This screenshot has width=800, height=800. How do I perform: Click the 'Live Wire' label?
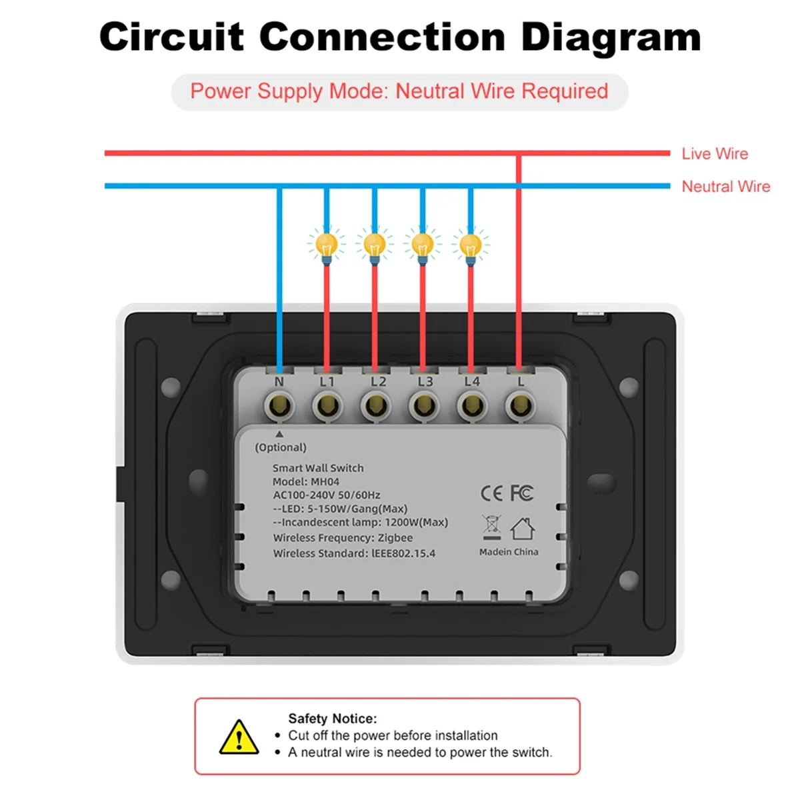point(714,154)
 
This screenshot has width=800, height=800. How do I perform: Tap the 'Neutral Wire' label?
point(725,187)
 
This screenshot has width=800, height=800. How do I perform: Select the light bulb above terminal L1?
point(326,245)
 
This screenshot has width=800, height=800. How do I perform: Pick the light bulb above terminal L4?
point(471,245)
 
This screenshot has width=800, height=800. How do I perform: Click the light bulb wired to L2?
point(375,245)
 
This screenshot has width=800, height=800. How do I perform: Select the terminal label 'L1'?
point(327,382)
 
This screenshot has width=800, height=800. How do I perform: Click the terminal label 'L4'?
point(472,382)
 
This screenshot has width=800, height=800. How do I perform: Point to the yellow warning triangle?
point(239,737)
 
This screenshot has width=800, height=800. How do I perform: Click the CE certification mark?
point(492,493)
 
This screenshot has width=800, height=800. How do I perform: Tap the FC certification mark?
point(522,493)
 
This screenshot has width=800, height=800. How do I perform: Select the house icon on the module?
point(523,529)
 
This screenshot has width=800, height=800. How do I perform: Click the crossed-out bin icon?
point(492,527)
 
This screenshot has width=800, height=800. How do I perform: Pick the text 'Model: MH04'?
point(306,481)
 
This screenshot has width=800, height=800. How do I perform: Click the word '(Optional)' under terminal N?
point(281,447)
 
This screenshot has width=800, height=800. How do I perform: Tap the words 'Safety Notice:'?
point(333,719)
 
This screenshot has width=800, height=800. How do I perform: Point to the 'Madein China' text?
point(509,552)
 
